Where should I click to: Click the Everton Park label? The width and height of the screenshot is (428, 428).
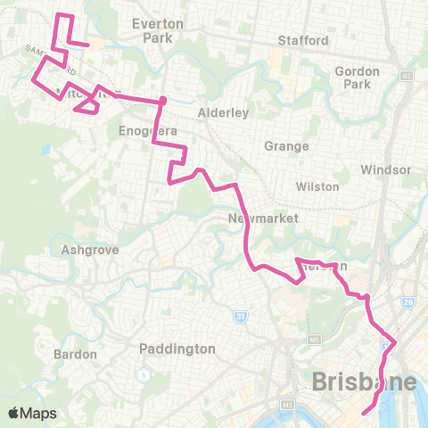[157, 30]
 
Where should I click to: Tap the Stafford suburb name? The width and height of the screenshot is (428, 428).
[303, 41]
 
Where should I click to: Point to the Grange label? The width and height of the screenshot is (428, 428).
[286, 146]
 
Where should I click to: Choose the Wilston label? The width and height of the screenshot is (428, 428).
[318, 186]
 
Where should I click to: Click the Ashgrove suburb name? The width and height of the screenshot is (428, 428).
[85, 251]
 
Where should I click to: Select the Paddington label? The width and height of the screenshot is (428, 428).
[178, 349]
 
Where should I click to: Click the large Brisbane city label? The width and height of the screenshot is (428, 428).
[364, 383]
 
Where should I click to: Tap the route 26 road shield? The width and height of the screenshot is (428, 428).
[408, 303]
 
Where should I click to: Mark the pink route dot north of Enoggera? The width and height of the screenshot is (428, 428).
[163, 100]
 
